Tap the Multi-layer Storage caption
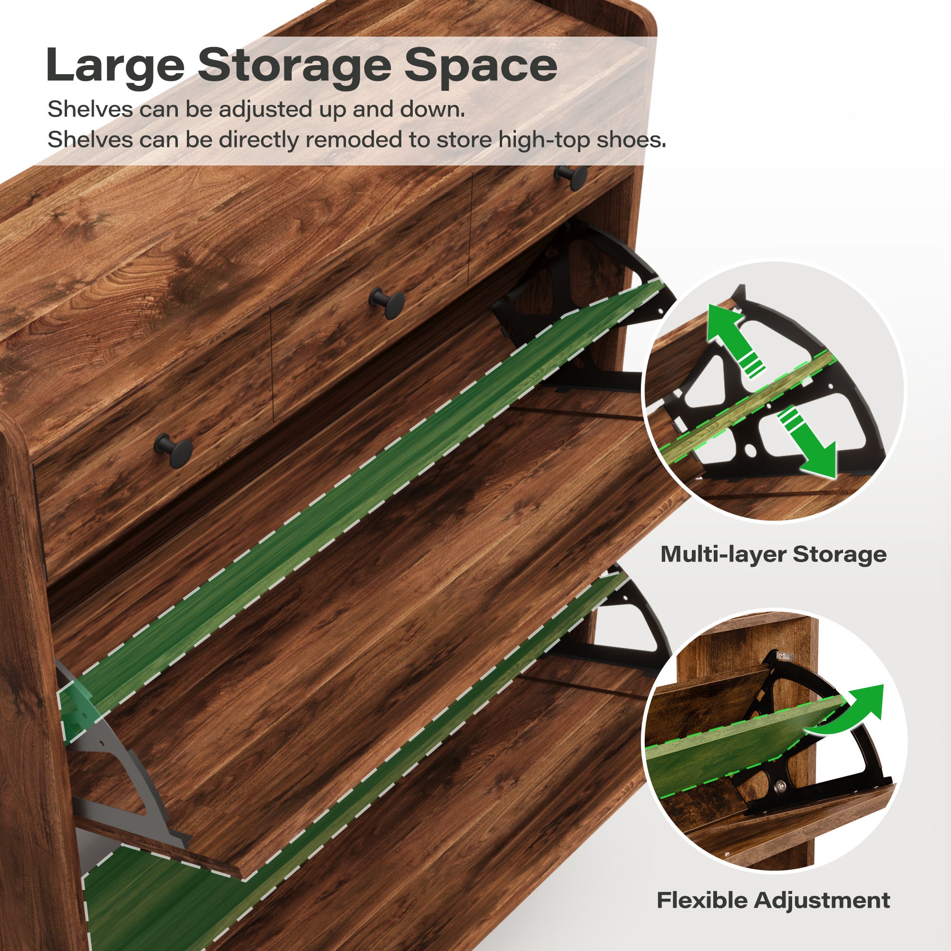tap(773, 554)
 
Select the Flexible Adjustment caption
tap(773, 900)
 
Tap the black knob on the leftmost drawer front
tap(173, 449)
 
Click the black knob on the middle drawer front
tap(388, 302)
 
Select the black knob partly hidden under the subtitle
tap(571, 176)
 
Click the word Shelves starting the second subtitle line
tap(90, 140)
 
